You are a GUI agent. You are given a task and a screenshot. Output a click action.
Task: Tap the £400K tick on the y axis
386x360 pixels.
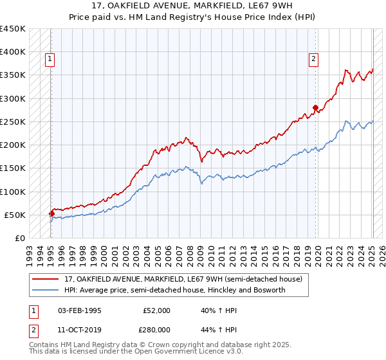pyautogui.click(x=13, y=52)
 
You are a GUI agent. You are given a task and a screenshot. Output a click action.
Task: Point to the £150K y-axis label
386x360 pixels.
pyautogui.click(x=13, y=168)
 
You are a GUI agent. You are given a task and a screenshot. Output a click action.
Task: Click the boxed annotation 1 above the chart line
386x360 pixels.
pyautogui.click(x=50, y=60)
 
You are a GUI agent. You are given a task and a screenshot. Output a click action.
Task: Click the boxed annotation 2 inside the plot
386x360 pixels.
pyautogui.click(x=313, y=60)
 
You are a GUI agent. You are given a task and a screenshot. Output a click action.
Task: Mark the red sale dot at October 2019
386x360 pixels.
pyautogui.click(x=315, y=108)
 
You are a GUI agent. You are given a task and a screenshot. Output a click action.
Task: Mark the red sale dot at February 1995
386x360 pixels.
pyautogui.click(x=51, y=214)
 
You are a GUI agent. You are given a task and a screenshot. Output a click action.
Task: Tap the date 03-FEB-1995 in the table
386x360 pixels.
pyautogui.click(x=80, y=310)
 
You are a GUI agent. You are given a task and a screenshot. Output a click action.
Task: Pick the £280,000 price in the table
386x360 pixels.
pyautogui.click(x=156, y=329)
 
